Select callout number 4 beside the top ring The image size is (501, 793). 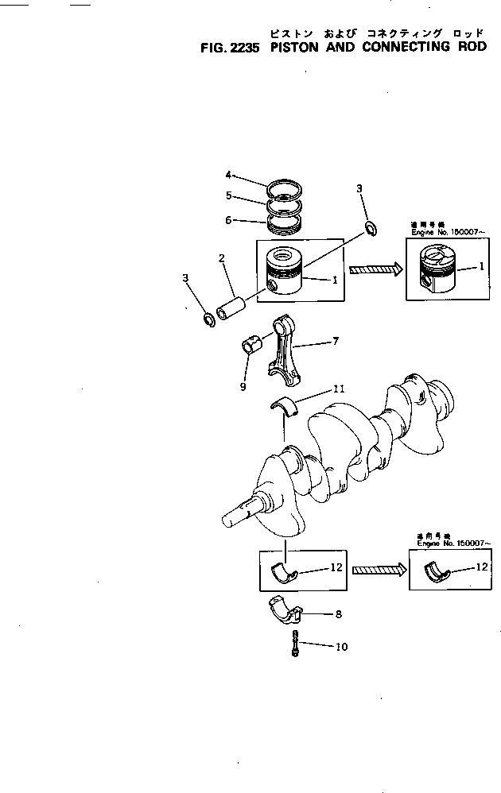pyautogui.click(x=227, y=175)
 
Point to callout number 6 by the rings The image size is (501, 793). pyautogui.click(x=227, y=220)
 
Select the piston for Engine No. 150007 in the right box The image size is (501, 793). pyautogui.click(x=438, y=271)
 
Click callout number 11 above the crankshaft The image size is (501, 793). pyautogui.click(x=338, y=389)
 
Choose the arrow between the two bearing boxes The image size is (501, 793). pyautogui.click(x=379, y=569)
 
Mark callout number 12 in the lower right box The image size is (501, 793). pyautogui.click(x=481, y=567)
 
